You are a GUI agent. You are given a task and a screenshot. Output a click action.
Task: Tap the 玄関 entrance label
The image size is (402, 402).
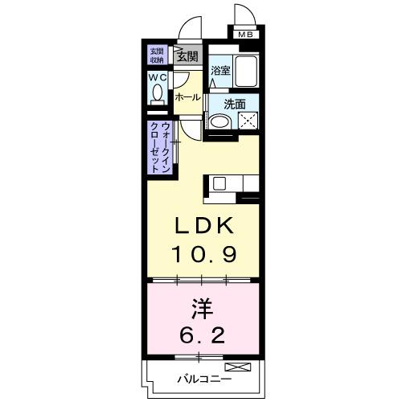[187, 56]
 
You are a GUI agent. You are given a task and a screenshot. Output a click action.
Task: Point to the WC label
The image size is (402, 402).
[156, 78]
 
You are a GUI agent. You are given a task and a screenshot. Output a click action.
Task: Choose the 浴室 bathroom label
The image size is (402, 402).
[220, 71]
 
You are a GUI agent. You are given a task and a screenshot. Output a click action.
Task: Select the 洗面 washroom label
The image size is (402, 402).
[234, 104]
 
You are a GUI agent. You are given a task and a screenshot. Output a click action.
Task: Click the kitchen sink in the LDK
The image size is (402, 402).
[220, 184]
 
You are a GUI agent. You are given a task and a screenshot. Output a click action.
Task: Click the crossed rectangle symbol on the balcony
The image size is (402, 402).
[244, 367]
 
